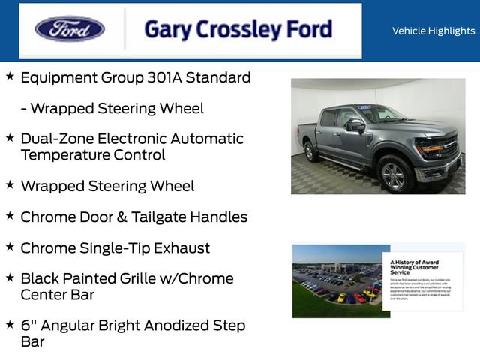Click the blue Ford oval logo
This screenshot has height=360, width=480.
point(70,29)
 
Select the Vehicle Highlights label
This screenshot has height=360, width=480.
point(433,31)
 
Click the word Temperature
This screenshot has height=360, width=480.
point(65,155)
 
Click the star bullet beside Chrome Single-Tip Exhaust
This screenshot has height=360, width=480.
point(10,246)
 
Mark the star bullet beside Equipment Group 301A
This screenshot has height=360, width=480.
point(10,76)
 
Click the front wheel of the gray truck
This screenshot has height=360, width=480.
point(395,175)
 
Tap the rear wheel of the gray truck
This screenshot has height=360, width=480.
point(310,151)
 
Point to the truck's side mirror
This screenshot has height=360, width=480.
point(355,126)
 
